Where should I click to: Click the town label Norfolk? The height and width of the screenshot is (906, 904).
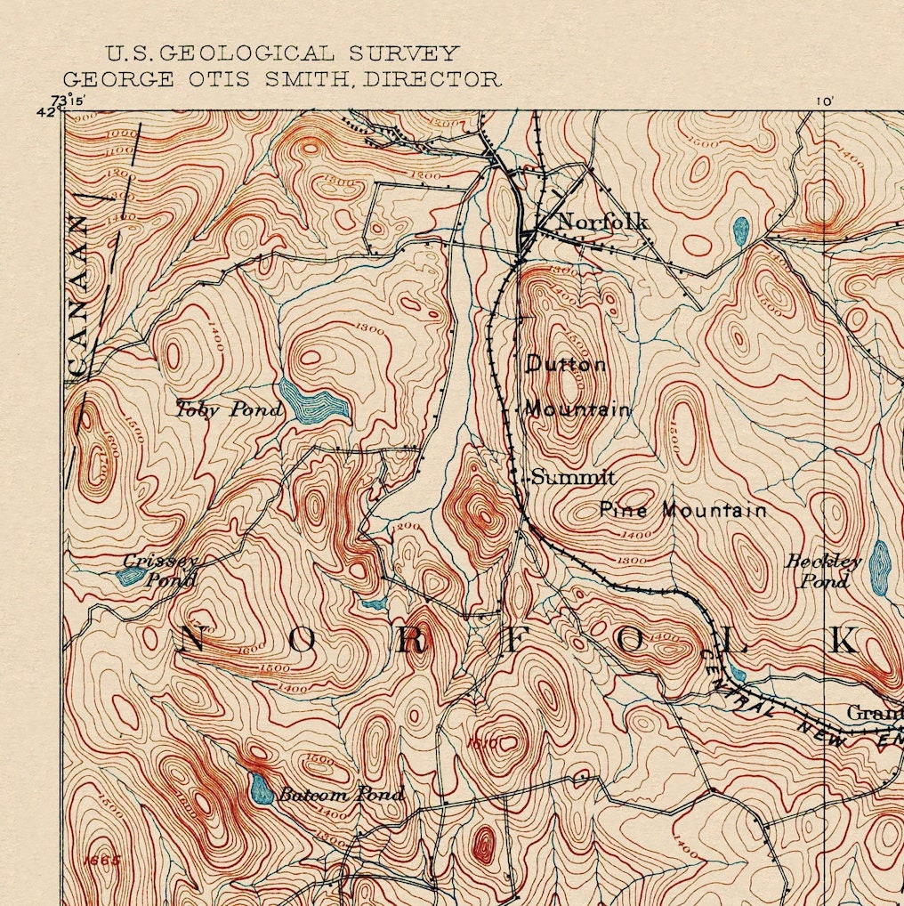coord(602,222)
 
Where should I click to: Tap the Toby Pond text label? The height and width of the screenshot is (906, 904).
coord(230,409)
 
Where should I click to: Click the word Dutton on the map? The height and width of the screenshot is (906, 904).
coord(567,364)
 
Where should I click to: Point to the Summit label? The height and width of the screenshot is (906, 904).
coord(574,478)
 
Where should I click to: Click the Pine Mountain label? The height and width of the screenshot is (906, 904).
coord(682,510)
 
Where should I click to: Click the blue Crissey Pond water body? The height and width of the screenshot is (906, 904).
coord(131,576)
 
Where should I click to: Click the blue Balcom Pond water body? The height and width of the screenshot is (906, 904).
coord(262,789)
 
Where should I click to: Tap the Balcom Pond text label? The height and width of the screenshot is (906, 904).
coord(341,794)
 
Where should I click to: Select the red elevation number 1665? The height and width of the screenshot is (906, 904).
coord(102,861)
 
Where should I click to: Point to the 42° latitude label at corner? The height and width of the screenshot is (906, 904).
coord(46,112)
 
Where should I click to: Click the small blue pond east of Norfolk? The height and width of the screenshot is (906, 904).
coord(740,231)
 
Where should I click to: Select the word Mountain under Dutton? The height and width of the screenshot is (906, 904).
coord(577,409)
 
